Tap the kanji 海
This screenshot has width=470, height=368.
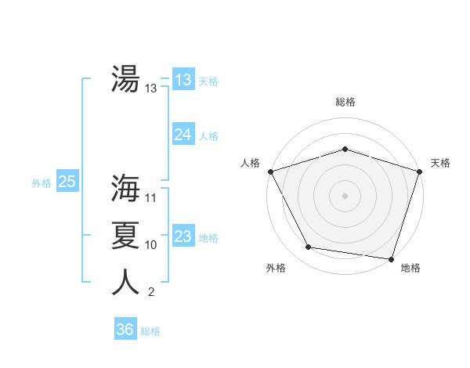click(x=125, y=187)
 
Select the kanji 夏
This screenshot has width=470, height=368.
click(x=125, y=234)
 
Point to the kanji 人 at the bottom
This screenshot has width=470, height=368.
click(x=125, y=282)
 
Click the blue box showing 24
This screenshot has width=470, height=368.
click(x=183, y=135)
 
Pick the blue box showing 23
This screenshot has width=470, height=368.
click(x=183, y=236)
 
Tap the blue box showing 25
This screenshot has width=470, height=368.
click(x=67, y=182)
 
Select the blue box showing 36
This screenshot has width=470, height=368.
click(x=125, y=330)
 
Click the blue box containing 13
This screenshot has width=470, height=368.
click(x=183, y=80)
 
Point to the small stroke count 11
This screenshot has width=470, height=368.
click(x=151, y=197)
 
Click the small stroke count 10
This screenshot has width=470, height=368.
click(x=151, y=245)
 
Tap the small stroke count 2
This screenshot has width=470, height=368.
click(x=150, y=293)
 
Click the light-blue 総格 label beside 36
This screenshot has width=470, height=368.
click(x=150, y=331)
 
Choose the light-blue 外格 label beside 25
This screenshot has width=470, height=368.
click(x=42, y=183)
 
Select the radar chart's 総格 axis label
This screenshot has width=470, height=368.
click(x=345, y=102)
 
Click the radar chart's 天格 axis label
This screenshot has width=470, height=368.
click(x=441, y=163)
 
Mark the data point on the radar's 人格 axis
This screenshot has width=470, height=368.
click(x=270, y=171)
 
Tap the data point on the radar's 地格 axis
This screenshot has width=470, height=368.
click(x=391, y=258)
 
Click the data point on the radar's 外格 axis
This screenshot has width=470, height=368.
click(x=309, y=247)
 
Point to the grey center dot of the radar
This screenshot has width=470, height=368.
click(x=345, y=195)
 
